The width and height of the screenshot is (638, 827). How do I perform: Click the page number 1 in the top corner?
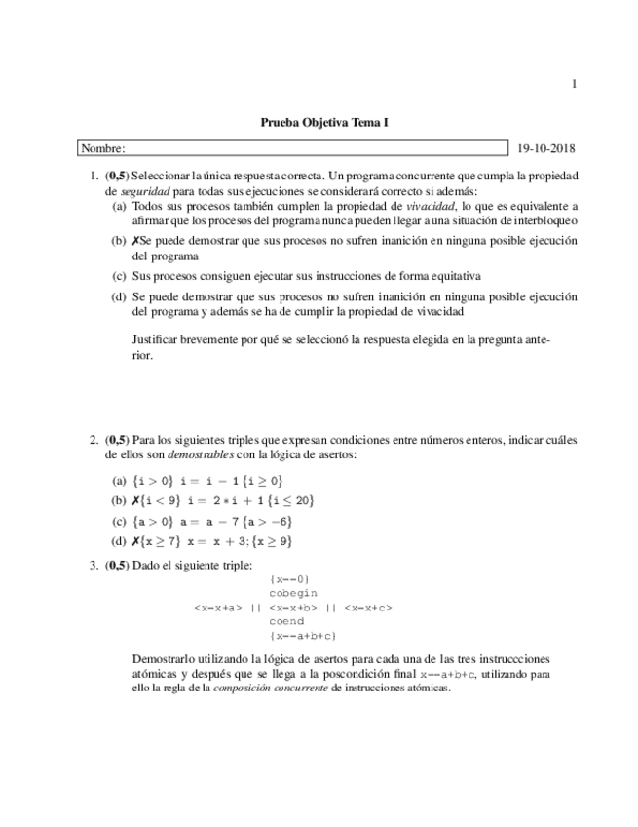(x=574, y=85)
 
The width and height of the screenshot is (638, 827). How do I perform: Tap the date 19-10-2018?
(x=546, y=148)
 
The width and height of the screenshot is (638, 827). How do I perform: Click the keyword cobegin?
(x=293, y=593)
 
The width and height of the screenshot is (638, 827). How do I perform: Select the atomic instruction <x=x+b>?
(x=292, y=608)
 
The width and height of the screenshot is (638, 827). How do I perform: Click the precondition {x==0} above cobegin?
(x=289, y=579)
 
